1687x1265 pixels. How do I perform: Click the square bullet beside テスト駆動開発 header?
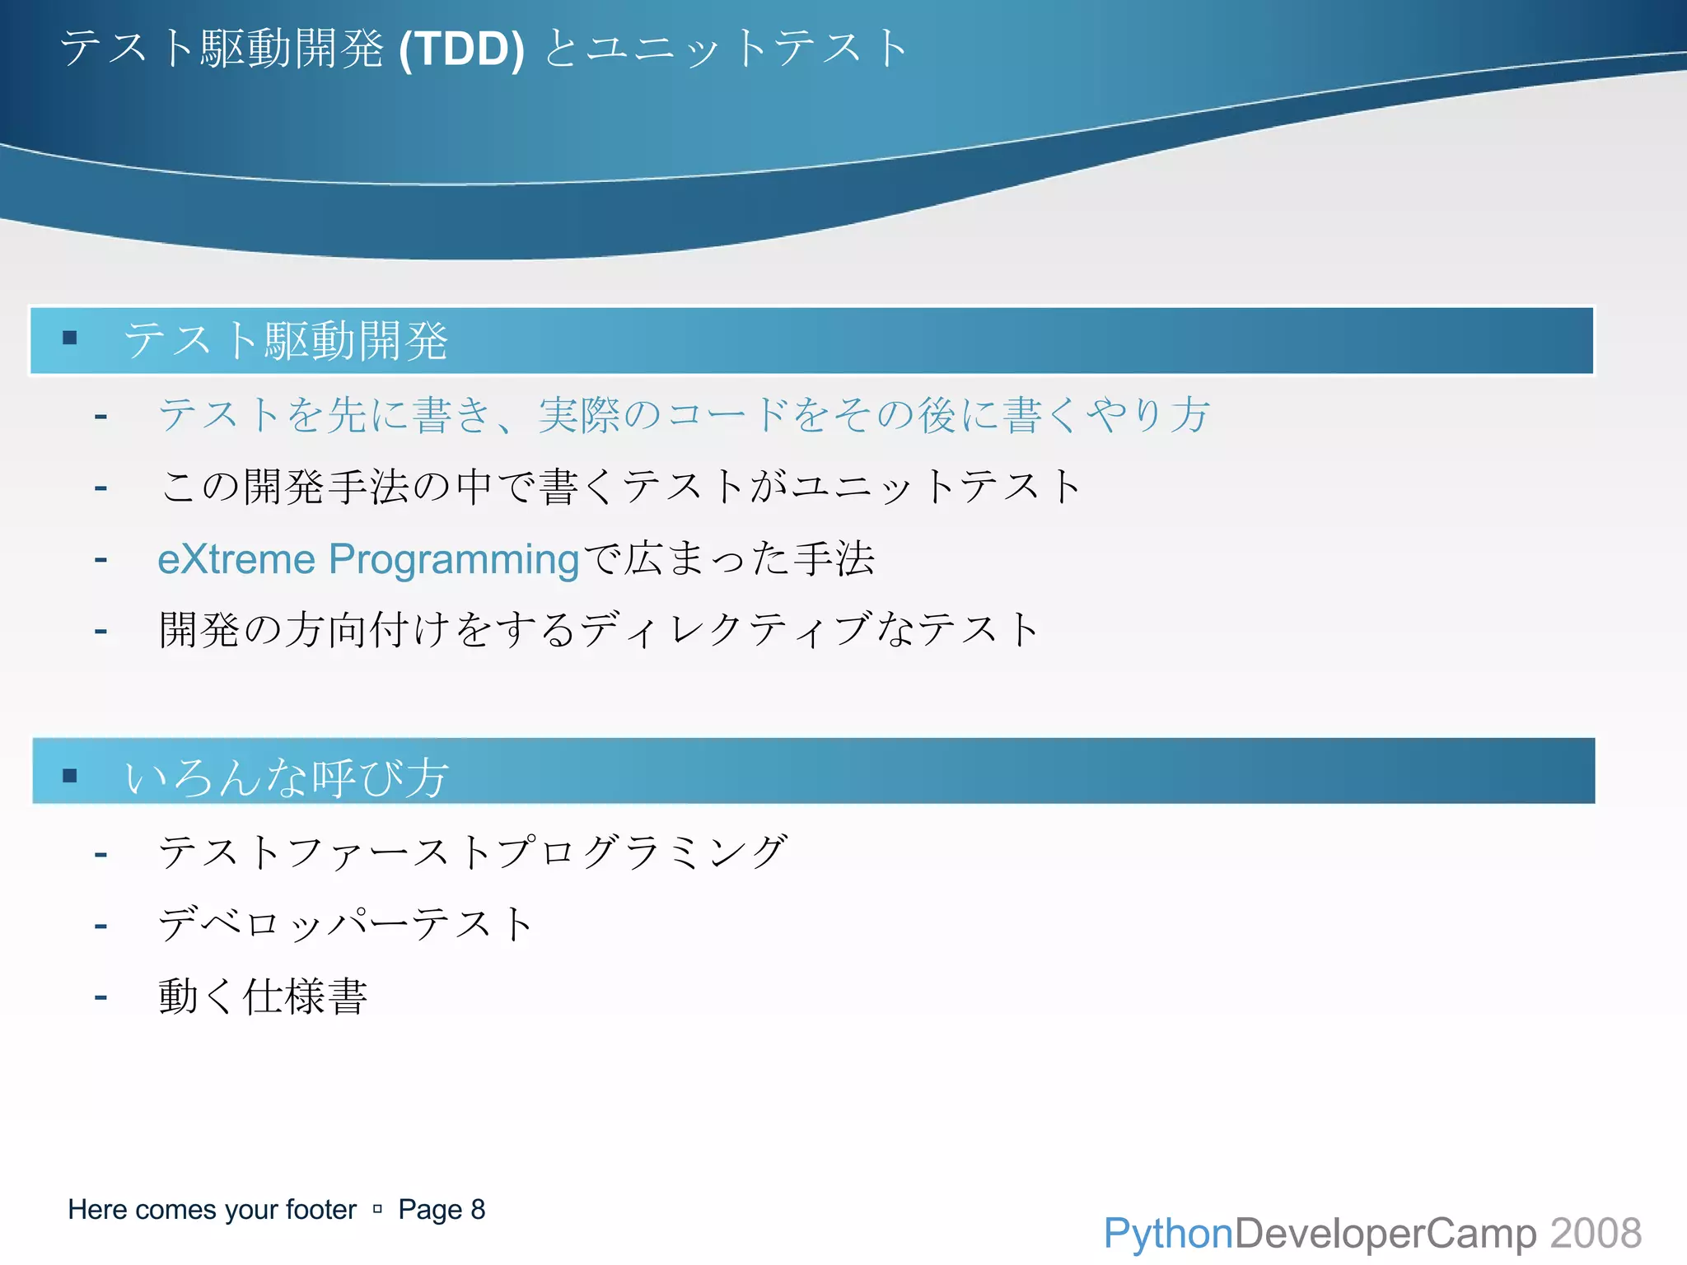[x=70, y=338]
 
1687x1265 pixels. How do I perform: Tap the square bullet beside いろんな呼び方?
[x=70, y=775]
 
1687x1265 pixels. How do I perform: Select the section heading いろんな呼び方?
[x=286, y=777]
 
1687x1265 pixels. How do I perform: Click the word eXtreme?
[x=236, y=559]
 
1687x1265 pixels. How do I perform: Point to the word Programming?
[x=454, y=559]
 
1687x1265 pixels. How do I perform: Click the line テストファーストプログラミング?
[x=473, y=852]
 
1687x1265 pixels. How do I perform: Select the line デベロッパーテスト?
[x=346, y=923]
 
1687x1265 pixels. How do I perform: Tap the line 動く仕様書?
[x=263, y=996]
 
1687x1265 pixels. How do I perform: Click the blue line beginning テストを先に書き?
[x=684, y=414]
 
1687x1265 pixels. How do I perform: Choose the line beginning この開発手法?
[x=620, y=486]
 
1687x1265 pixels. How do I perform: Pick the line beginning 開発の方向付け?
[x=599, y=630]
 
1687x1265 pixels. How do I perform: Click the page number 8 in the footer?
[x=478, y=1209]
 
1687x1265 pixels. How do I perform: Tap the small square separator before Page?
[x=377, y=1209]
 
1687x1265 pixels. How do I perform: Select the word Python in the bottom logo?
[x=1167, y=1234]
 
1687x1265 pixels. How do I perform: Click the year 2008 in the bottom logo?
[x=1596, y=1234]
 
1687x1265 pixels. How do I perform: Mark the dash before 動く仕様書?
[x=100, y=997]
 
